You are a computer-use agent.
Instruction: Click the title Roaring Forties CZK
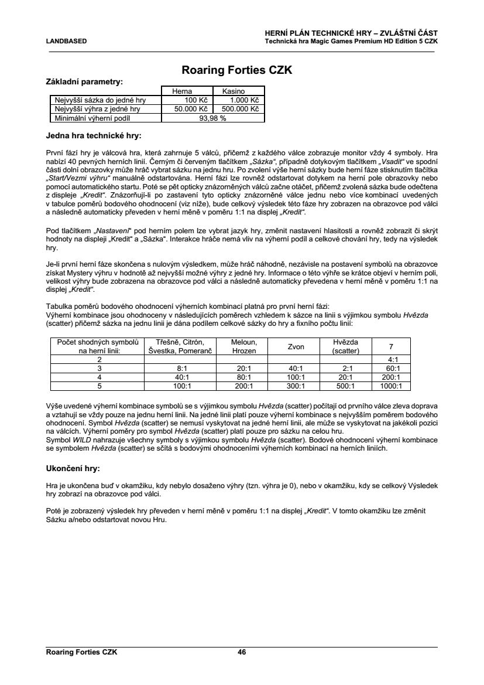237,71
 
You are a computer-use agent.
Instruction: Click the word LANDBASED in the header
66,42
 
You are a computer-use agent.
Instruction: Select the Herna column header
181,91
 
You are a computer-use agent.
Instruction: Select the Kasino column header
233,91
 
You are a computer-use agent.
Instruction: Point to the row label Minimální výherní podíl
90,118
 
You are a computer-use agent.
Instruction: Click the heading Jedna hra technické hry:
94,136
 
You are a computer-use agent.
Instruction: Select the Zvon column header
296,346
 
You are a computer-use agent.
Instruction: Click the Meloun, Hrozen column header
241,346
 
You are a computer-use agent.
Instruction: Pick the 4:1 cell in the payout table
393,359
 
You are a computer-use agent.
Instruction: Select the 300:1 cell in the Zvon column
296,386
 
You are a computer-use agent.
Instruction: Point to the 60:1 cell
393,368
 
